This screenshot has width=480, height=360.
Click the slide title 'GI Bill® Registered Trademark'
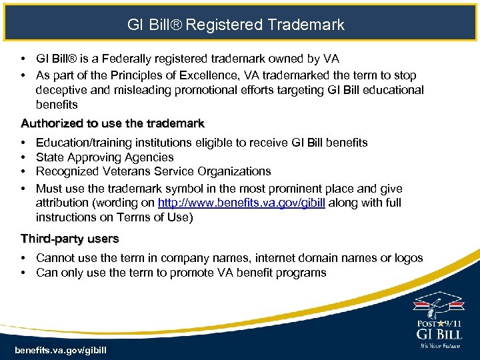tap(236, 25)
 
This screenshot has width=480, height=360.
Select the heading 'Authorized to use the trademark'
tap(113, 123)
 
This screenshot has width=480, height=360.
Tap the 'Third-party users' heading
tap(70, 238)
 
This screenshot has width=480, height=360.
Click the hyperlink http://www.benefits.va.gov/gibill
tap(241, 203)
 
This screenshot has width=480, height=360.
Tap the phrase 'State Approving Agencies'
tap(105, 157)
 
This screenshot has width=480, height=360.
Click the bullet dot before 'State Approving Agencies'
tap(23, 157)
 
